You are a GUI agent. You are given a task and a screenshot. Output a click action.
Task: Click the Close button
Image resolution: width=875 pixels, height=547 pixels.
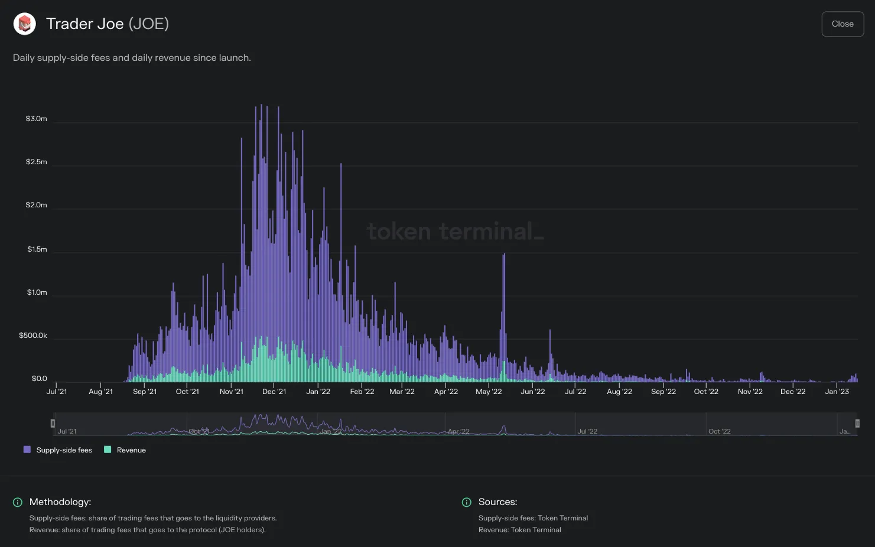click(x=843, y=24)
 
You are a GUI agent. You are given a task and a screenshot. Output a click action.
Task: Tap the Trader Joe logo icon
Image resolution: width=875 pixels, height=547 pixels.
click(x=25, y=24)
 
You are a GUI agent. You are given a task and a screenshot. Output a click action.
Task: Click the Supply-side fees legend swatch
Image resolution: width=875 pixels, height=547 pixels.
click(x=27, y=450)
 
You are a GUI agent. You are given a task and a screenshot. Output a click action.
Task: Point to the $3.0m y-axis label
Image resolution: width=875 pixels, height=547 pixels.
click(x=36, y=119)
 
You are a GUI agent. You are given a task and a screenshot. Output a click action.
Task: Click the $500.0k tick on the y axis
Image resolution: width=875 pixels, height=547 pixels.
click(x=33, y=336)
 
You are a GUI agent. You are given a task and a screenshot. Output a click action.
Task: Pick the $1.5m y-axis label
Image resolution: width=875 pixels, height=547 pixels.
click(x=37, y=249)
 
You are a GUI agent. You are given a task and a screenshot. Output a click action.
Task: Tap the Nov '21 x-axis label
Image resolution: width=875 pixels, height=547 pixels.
click(x=231, y=391)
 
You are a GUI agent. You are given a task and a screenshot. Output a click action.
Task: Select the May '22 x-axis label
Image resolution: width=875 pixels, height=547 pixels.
click(x=489, y=391)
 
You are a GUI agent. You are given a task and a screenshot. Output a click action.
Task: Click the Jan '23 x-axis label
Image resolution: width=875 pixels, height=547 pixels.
click(x=837, y=391)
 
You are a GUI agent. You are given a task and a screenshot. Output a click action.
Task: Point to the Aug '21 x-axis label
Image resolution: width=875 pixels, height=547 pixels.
click(x=101, y=391)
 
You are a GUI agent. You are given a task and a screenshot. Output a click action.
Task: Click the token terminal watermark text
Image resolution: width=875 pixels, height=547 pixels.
click(x=456, y=231)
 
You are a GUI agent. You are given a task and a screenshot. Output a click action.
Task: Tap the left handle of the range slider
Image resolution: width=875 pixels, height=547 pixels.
click(x=53, y=423)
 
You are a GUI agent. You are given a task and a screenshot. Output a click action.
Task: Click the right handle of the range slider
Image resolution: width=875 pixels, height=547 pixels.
click(x=857, y=423)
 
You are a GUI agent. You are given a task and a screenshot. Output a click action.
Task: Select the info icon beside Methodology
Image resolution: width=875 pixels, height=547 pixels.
click(x=18, y=502)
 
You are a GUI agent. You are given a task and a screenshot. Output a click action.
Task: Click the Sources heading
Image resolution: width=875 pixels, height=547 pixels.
click(x=497, y=502)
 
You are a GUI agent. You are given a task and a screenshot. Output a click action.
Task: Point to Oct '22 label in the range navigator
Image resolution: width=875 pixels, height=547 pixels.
click(x=719, y=431)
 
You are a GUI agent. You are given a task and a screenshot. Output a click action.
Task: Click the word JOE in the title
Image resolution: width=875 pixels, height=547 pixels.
click(x=148, y=24)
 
